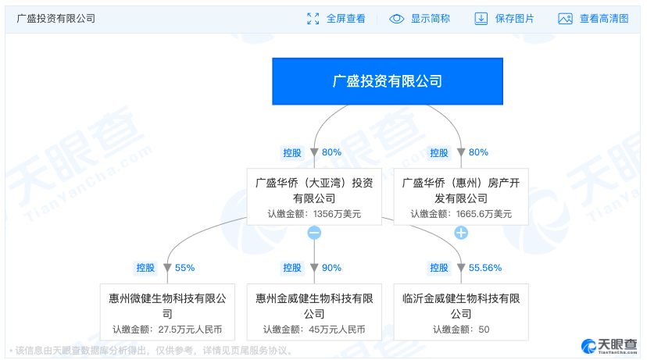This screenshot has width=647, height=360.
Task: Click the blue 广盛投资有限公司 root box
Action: point(388,80)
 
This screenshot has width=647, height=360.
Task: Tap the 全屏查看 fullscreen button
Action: point(336,19)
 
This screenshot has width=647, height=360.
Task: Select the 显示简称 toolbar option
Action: point(420,19)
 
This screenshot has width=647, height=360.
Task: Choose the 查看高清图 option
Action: point(593,19)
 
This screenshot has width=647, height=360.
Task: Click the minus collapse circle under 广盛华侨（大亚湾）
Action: point(314,233)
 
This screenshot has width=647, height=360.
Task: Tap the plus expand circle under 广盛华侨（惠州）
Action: point(461,233)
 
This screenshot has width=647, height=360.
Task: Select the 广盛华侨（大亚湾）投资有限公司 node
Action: point(314,196)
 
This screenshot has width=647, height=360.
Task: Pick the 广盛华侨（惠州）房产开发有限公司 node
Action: point(461,196)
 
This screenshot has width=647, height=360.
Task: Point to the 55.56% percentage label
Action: point(485,268)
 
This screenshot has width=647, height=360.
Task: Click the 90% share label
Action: point(331,268)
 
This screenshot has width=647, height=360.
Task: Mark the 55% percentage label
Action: point(184,268)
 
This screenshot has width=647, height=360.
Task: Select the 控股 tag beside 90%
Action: point(292,268)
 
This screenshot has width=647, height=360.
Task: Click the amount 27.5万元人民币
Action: point(189,330)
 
